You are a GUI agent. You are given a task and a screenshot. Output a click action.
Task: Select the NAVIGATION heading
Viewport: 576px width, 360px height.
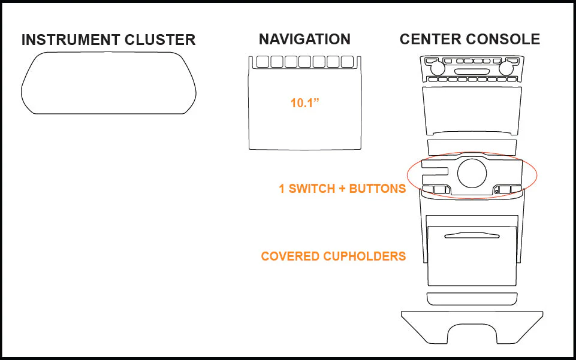tap(304, 40)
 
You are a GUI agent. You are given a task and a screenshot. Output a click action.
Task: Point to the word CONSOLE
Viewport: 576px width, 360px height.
tap(502, 40)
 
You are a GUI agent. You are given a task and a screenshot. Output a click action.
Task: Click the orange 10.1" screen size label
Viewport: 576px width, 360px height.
tap(305, 103)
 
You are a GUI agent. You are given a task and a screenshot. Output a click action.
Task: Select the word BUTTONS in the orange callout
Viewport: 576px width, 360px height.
tap(377, 189)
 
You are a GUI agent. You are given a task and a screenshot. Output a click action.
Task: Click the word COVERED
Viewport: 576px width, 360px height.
tap(290, 256)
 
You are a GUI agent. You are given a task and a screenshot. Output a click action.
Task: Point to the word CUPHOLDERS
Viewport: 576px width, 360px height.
tap(364, 256)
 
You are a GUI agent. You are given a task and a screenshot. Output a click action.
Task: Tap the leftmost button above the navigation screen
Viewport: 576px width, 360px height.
tap(263, 62)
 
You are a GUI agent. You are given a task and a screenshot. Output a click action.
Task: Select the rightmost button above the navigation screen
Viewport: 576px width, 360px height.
tap(347, 62)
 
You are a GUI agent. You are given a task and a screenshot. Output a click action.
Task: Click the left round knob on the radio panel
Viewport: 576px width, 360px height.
tap(438, 68)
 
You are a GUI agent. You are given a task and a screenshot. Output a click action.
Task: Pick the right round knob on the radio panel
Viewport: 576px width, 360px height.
tap(506, 68)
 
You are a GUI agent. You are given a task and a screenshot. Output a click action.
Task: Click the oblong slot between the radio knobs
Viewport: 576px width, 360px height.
tap(472, 71)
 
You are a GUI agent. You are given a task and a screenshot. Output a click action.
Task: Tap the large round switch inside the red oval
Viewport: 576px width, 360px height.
tap(472, 173)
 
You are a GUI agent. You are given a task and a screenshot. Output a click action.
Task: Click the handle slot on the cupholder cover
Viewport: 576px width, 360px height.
tap(472, 235)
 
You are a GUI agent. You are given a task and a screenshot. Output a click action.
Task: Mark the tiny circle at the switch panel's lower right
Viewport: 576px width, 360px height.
tap(497, 191)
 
